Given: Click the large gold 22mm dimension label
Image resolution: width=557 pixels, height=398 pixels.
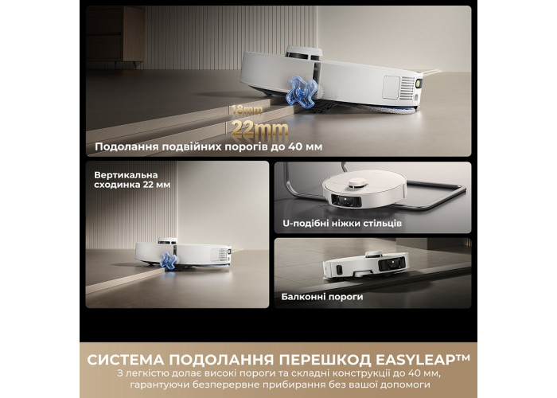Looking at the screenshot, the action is coord(259,129).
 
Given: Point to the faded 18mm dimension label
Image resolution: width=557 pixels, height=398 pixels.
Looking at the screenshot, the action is coord(247,111).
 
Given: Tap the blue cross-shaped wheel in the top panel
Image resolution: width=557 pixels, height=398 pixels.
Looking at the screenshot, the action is coord(302,92).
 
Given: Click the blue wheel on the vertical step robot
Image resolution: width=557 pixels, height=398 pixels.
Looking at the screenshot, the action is coord(169,262).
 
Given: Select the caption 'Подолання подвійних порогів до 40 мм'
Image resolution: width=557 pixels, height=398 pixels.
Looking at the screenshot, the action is coord(208,146).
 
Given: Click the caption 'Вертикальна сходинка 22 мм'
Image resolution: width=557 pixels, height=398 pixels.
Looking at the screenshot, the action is coord(132,180).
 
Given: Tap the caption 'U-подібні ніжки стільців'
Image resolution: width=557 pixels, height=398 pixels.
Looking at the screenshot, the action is coord(342,224).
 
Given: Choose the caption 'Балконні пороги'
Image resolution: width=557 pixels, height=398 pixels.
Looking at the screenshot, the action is coord(322,297).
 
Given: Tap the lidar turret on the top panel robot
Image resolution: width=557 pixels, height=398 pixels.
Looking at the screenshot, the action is coord(304,53).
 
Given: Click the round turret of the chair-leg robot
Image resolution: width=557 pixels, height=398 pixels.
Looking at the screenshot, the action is coord(357,182).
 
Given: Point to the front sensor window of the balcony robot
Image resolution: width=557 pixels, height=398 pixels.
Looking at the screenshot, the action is coord(391,263).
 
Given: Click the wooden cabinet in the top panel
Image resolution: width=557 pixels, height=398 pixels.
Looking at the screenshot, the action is coord(115,34).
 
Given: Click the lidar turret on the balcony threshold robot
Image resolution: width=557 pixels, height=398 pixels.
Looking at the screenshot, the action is coord(372,254).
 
